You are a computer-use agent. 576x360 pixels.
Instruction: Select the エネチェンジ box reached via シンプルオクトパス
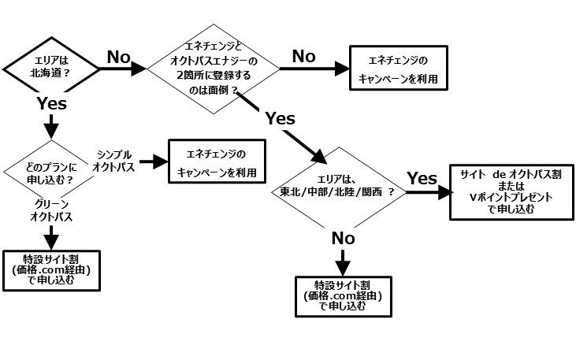pyautogui.click(x=216, y=162)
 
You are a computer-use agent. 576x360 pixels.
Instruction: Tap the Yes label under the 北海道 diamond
pyautogui.click(x=52, y=103)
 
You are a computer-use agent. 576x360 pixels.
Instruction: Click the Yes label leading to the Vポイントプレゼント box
pyautogui.click(x=422, y=178)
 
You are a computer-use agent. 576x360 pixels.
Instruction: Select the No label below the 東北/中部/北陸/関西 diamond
pyautogui.click(x=343, y=237)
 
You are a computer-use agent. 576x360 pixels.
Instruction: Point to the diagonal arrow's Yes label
pyautogui.click(x=280, y=118)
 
